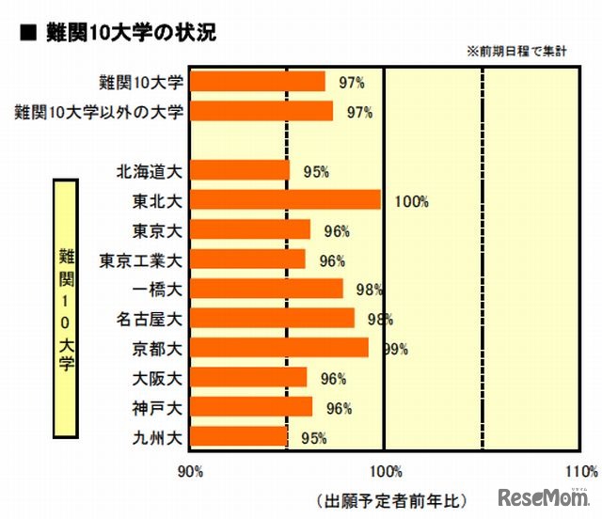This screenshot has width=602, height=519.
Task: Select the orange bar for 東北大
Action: tap(285, 200)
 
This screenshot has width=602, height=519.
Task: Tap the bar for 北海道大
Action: tap(240, 170)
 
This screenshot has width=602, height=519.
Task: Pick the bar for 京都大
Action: tap(279, 348)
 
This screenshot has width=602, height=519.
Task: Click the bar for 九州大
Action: tap(239, 436)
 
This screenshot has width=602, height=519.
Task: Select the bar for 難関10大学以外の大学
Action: tap(261, 111)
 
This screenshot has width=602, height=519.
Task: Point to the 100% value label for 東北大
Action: tap(412, 201)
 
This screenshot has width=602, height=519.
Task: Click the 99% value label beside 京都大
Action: tap(394, 349)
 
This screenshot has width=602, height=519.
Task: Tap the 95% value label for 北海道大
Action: tap(315, 172)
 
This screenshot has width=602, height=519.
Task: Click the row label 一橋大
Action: tap(159, 289)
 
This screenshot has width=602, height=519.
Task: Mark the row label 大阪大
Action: tap(159, 378)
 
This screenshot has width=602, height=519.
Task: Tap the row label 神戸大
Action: tap(159, 407)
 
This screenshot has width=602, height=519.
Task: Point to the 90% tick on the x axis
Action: tap(190, 469)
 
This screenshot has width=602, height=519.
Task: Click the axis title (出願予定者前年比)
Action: tap(390, 498)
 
